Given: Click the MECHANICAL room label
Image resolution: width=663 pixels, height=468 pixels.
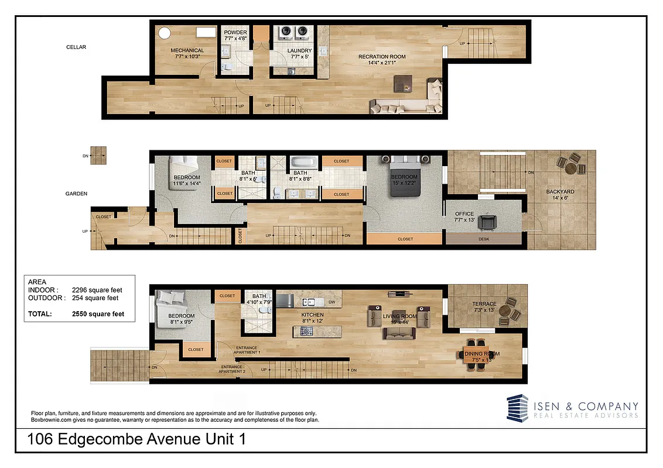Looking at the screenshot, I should [x=187, y=50].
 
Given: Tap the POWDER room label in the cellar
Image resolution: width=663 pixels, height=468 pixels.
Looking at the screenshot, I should [x=235, y=32].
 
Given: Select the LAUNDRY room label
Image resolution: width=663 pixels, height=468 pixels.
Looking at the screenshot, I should [x=299, y=51].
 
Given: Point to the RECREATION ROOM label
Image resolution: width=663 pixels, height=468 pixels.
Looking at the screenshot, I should [x=382, y=57].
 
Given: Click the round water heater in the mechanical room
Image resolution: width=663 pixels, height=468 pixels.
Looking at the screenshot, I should [x=165, y=33].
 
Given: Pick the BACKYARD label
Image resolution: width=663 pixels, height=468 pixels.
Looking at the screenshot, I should [x=560, y=192].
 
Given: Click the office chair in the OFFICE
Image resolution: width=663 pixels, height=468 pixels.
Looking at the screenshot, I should [x=487, y=222].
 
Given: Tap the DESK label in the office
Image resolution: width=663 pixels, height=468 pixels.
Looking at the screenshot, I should [x=483, y=239].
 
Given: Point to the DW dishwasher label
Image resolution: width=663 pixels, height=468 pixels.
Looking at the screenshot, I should [x=332, y=302].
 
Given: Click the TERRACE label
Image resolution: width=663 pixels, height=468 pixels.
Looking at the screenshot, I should [x=484, y=304].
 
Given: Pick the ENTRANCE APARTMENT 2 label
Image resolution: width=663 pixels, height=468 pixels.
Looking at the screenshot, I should [x=233, y=369].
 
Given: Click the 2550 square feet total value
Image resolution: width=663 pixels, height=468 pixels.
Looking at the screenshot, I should [x=98, y=314].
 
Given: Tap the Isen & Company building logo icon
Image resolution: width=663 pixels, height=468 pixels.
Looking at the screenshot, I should [x=518, y=408].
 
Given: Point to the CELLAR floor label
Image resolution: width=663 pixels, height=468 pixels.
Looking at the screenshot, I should [x=76, y=47].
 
